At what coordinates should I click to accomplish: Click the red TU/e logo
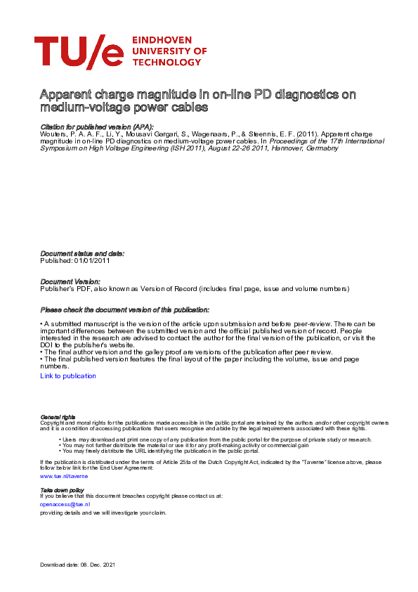79,51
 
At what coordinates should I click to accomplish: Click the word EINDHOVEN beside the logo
163,41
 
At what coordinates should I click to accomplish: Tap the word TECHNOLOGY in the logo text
166,62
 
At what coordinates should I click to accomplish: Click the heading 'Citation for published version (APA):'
97,126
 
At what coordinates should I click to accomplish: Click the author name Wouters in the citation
53,133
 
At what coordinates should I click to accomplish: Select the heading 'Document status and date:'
82,253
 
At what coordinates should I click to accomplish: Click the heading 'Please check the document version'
124,309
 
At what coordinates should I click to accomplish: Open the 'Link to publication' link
68,376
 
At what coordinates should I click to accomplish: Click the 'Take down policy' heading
62,489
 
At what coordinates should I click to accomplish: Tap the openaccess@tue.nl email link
65,504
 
